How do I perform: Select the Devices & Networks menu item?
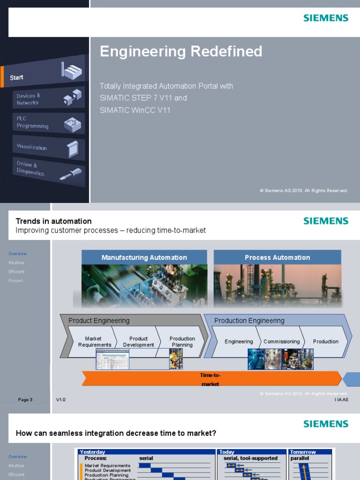pos(29,99)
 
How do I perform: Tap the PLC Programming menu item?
pos(32,123)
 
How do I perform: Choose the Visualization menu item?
pos(32,147)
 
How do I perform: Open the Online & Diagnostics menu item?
pos(30,168)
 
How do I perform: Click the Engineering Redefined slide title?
pos(181,52)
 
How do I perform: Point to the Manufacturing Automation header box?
pos(144,257)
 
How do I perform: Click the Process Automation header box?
pos(277,257)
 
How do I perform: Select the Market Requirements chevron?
pos(94,342)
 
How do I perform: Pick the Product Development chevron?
pos(138,342)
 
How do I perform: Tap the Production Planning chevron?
pos(182,342)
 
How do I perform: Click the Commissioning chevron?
pos(281,342)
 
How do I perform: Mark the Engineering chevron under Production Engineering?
pos(239,342)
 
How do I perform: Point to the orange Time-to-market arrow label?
pos(210,379)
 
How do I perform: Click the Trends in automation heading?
pos(53,221)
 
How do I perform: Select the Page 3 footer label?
pos(25,400)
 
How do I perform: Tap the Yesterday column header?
pos(93,452)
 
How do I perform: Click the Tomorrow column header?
pos(303,452)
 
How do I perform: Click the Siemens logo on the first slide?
pos(326,18)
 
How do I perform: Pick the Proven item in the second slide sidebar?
pos(15,281)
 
